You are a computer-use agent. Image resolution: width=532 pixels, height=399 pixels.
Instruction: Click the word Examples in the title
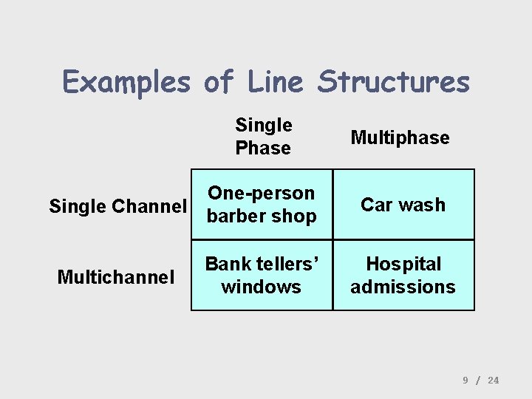[126, 81]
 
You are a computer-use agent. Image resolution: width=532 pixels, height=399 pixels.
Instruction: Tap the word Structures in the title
[394, 81]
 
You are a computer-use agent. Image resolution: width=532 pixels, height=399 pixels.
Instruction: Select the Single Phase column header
[264, 137]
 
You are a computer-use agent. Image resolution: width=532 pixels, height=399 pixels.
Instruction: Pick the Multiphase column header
[400, 137]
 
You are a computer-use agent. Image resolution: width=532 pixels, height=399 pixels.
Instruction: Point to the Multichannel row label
[116, 277]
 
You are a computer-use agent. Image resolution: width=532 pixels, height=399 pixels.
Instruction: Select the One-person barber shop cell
[262, 205]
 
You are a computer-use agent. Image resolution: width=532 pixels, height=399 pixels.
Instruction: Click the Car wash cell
[403, 205]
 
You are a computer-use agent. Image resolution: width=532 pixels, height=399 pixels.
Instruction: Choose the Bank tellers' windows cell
[262, 275]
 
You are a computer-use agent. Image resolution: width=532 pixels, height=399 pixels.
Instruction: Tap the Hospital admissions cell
[403, 275]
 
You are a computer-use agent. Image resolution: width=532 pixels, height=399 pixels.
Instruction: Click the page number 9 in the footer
[465, 380]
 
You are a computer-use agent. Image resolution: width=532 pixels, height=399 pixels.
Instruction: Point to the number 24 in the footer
[494, 380]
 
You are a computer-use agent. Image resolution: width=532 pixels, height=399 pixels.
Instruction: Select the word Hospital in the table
[403, 264]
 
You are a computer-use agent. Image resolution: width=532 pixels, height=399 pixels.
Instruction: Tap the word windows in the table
[261, 287]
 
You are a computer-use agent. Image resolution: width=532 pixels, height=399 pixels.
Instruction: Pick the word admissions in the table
[403, 287]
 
